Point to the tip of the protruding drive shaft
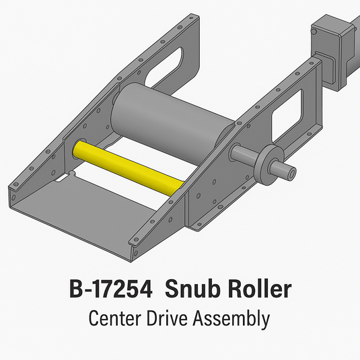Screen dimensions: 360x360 [291, 174]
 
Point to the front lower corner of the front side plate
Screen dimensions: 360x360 [135, 256]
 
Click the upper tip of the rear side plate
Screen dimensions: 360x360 [198, 19]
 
